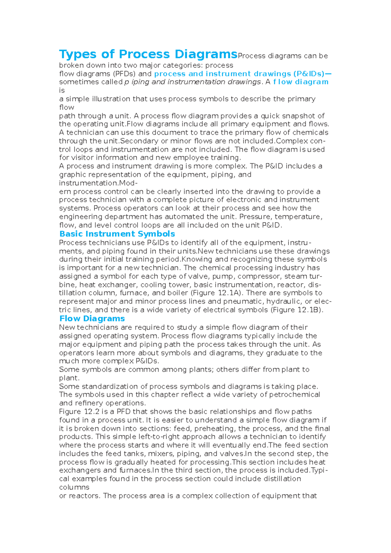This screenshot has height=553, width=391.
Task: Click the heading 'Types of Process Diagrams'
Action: [x=148, y=54]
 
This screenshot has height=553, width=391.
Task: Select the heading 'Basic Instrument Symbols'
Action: [x=117, y=234]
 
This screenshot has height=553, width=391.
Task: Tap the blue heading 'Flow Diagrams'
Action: [x=92, y=319]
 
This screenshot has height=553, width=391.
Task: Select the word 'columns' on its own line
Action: [x=74, y=488]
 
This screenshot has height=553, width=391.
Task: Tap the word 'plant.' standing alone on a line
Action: [x=69, y=378]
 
